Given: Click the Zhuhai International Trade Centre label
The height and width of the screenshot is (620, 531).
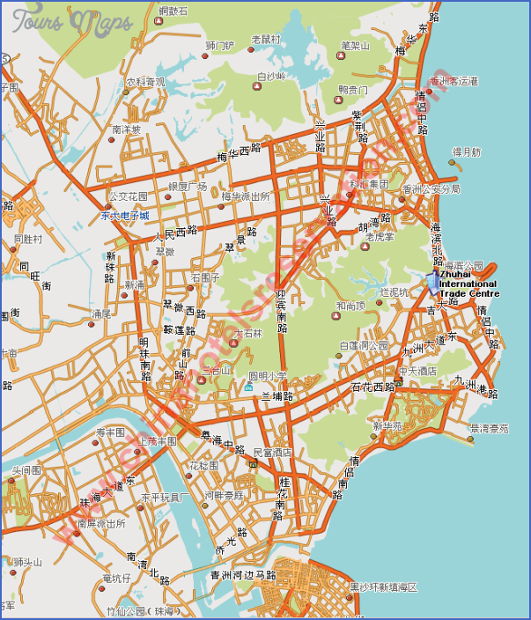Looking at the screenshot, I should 468,284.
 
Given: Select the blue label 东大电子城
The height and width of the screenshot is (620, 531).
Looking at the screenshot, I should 124,215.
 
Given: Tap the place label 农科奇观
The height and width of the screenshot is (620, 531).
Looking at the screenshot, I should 144,82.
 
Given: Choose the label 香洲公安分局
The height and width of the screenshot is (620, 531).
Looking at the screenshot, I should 431,188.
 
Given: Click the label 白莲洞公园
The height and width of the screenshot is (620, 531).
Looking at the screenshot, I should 364,346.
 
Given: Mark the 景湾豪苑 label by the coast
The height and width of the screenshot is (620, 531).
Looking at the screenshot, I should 489,429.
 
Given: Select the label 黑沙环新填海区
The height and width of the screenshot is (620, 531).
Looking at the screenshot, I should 382,587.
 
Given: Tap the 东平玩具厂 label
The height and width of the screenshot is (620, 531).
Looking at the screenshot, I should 166,498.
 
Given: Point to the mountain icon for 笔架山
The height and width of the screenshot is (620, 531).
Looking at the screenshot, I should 342,55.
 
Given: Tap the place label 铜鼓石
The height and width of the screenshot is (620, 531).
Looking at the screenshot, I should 173,11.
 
